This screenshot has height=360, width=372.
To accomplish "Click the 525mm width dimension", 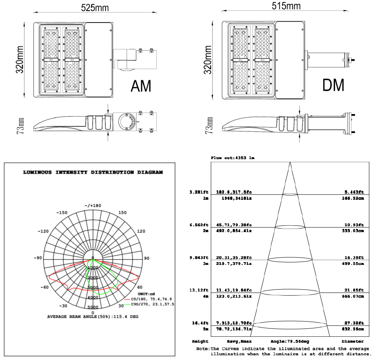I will click(x=95, y=7).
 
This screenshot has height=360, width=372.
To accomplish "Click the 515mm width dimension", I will click(x=286, y=6).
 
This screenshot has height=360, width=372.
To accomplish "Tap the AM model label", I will click(x=141, y=86).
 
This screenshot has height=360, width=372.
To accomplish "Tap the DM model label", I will click(x=333, y=85).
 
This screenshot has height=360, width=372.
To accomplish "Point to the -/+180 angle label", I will click(x=93, y=205).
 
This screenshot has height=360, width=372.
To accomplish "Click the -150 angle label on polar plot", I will click(x=63, y=213).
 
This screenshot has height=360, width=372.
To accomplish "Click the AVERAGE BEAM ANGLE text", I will click(x=93, y=317).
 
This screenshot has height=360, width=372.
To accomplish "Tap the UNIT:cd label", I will click(x=146, y=294).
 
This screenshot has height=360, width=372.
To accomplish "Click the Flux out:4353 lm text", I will click(x=233, y=158).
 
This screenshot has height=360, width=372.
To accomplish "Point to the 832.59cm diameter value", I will click(x=353, y=328).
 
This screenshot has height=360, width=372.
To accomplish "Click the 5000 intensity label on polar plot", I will click(x=93, y=307).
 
